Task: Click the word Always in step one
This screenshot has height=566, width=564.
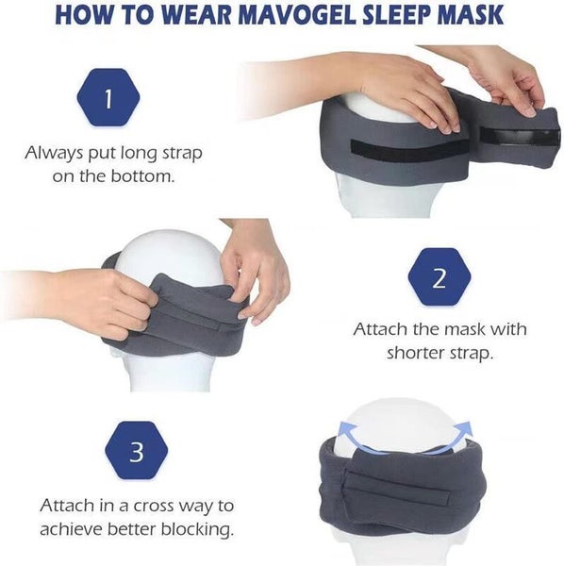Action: [x=54, y=151]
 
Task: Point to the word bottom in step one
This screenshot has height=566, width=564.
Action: [x=144, y=175]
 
